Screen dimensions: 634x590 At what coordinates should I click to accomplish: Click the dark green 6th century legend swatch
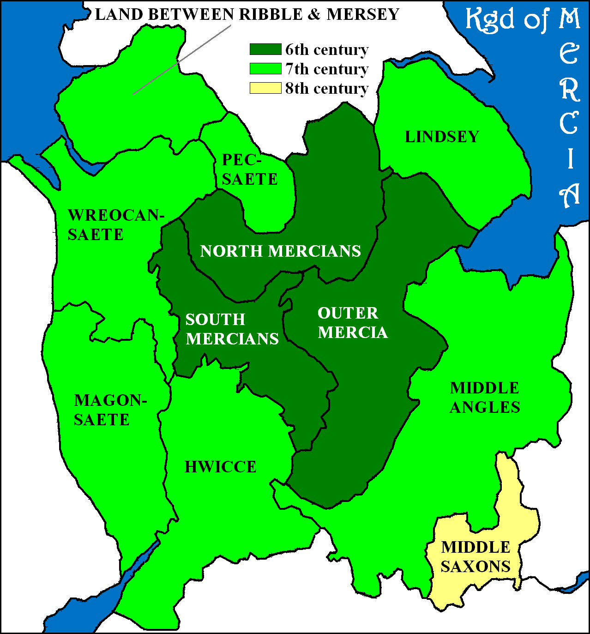click(x=265, y=49)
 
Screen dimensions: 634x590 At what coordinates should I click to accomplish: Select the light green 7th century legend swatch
click(x=265, y=69)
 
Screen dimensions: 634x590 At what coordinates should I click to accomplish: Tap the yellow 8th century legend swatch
click(x=265, y=88)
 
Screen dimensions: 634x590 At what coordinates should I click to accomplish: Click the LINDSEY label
click(x=442, y=137)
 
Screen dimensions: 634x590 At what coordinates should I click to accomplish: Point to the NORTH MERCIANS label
click(x=281, y=251)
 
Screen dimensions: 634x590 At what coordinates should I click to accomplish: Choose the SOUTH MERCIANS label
click(x=232, y=329)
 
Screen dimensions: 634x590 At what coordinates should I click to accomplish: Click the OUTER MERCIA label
click(x=353, y=323)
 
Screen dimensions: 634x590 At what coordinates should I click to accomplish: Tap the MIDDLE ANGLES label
click(x=485, y=398)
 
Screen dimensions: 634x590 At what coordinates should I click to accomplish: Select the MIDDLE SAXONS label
click(x=476, y=557)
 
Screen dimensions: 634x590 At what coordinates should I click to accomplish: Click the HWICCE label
click(x=221, y=467)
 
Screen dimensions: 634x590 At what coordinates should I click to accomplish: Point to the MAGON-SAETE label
click(x=110, y=410)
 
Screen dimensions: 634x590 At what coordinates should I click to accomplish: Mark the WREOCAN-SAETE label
click(x=116, y=225)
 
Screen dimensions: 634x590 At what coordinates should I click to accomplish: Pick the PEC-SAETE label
click(x=250, y=169)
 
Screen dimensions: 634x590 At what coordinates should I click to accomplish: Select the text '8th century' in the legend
click(x=327, y=88)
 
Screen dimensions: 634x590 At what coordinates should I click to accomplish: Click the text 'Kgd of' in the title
click(x=506, y=19)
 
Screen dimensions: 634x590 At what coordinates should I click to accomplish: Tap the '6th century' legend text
click(x=327, y=49)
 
